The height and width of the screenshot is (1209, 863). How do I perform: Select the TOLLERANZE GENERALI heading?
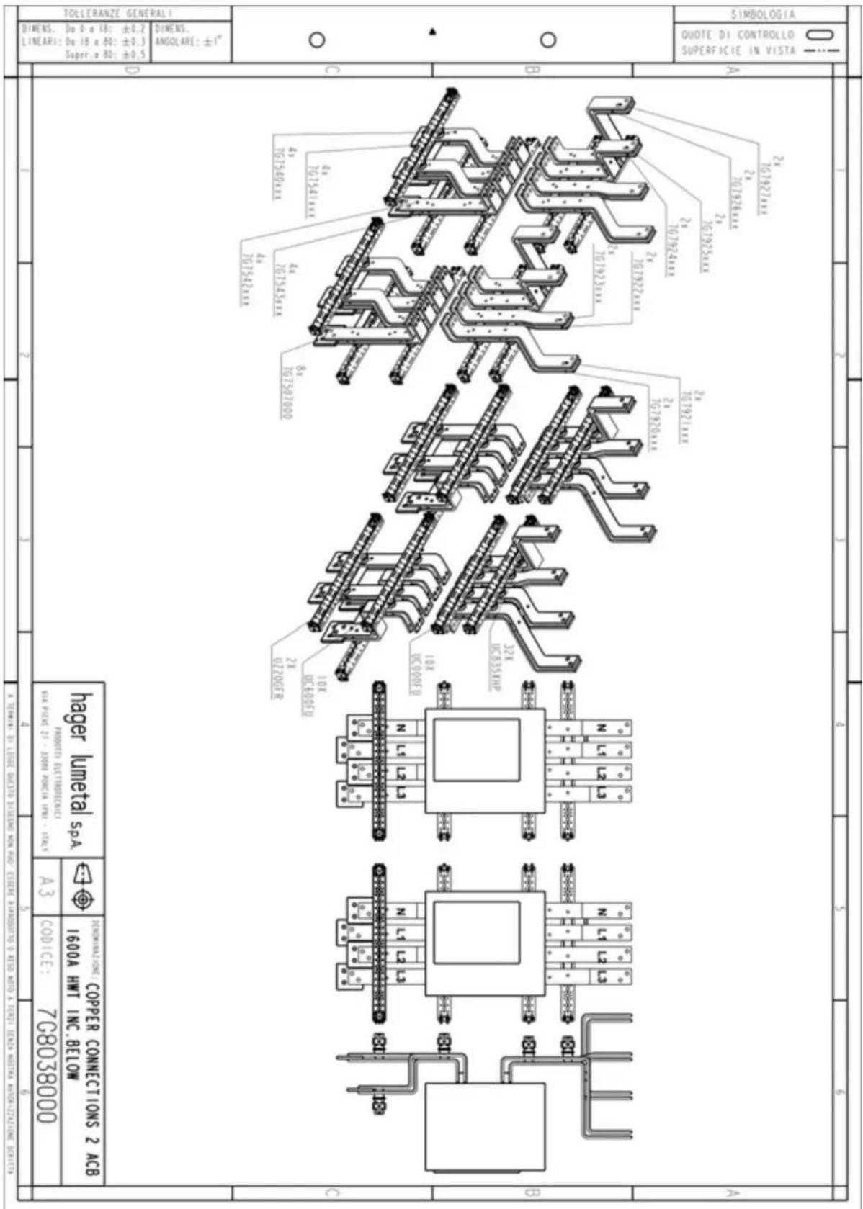point(118,13)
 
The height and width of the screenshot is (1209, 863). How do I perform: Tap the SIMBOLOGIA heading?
point(763,14)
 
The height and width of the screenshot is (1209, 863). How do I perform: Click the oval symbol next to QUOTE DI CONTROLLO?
point(819,34)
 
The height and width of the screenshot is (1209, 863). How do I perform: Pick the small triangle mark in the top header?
point(433,31)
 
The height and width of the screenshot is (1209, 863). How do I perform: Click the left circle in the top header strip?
point(317,40)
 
